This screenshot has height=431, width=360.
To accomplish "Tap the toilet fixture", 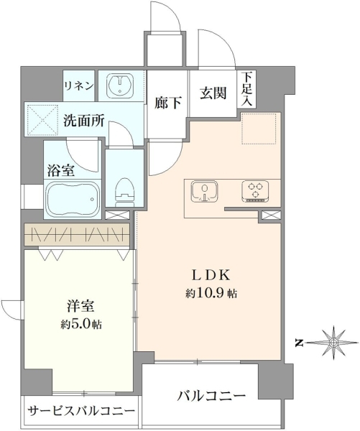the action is pyautogui.click(x=125, y=192).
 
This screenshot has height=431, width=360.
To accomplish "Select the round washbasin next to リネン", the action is pyautogui.click(x=120, y=84).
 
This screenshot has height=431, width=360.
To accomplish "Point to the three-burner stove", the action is pyautogui.click(x=255, y=191).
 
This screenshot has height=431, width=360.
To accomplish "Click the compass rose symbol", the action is pyautogui.click(x=333, y=343).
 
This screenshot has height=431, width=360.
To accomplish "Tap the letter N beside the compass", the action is pyautogui.click(x=299, y=343).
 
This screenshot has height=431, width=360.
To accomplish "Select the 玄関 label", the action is pyautogui.click(x=213, y=93).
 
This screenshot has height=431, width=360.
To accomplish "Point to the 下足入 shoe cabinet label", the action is pyautogui.click(x=246, y=88).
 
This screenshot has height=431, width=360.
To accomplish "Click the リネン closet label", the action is pyautogui.click(x=78, y=86).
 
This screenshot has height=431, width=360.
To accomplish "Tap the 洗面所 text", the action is pyautogui.click(x=84, y=120).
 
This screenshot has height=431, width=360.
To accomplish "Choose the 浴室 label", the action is pyautogui.click(x=60, y=170).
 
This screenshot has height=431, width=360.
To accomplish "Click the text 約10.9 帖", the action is pyautogui.click(x=211, y=294).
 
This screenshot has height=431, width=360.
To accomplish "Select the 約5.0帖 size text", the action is pyautogui.click(x=81, y=325).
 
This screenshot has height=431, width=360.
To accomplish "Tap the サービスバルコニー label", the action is pyautogui.click(x=81, y=411).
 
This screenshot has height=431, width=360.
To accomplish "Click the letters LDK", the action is pyautogui.click(x=211, y=275).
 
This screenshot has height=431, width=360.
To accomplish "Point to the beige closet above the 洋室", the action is pyautogui.click(x=77, y=234).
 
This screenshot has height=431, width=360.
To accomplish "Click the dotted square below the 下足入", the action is pyautogui.click(x=259, y=128).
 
